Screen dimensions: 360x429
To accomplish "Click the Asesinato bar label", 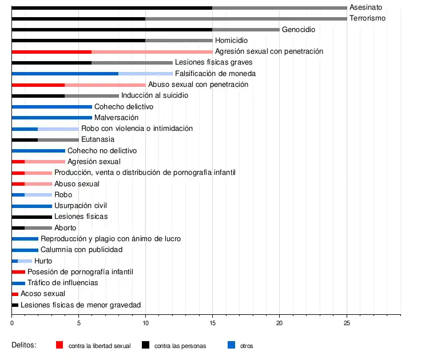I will click(x=366, y=7).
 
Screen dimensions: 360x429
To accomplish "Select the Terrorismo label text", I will click(x=367, y=18).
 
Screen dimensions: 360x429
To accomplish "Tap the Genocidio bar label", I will click(x=299, y=29).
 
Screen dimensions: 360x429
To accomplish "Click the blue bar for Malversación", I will click(x=51, y=118).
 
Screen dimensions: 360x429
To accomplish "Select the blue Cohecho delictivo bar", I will click(x=51, y=107).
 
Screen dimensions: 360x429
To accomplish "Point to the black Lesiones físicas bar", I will click(x=31, y=217).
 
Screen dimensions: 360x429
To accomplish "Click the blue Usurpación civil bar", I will click(x=31, y=206).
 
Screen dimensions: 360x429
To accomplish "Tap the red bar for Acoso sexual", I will click(x=15, y=294).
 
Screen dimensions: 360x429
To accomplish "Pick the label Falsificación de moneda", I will click(x=215, y=74).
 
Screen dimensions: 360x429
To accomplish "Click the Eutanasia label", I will click(x=98, y=139).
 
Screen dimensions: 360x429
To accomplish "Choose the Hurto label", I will click(x=43, y=261).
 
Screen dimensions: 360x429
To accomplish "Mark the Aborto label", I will click(x=65, y=228).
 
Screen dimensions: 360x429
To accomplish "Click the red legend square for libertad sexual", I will click(x=59, y=345).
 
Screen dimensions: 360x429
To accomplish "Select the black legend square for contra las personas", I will click(x=145, y=345).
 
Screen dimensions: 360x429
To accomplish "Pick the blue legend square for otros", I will click(x=231, y=345).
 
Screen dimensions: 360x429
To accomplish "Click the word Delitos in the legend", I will click(x=24, y=345).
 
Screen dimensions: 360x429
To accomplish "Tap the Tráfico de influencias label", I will click(x=63, y=283).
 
